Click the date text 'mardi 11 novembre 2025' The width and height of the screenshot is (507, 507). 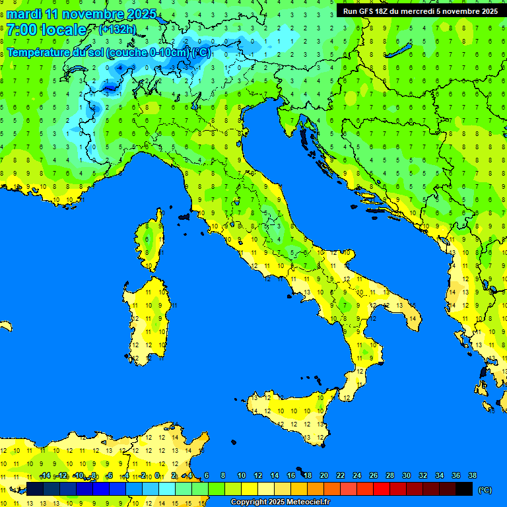pos(81,14)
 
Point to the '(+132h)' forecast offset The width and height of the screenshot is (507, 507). pos(117,30)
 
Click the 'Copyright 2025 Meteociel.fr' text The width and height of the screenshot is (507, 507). pos(280,502)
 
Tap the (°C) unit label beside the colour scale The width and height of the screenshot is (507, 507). pos(485,490)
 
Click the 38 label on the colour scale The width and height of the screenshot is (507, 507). pos(472,475)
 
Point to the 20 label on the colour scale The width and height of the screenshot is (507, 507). pos(323,475)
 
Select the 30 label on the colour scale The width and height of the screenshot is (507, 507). pos(406,475)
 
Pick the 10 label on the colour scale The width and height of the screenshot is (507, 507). pos(241,475)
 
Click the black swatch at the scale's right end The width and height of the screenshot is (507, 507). pos(464,489)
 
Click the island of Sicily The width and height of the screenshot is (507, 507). pos(290,416)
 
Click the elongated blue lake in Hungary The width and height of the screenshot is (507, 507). pos(398,51)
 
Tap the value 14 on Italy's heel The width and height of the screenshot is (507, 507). pos(412,319)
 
